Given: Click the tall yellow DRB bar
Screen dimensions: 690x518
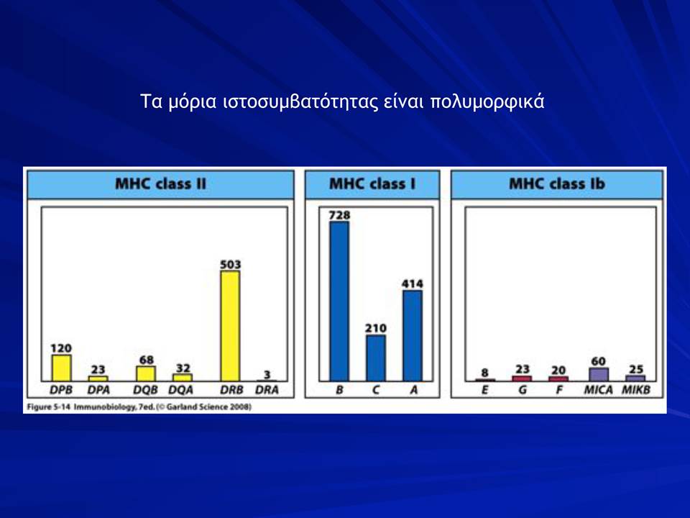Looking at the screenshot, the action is click(230, 326).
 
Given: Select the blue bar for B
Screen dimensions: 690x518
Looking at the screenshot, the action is click(339, 301).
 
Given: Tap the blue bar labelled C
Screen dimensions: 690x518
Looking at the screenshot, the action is click(376, 358).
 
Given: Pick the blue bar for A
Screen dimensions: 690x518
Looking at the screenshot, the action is click(413, 336).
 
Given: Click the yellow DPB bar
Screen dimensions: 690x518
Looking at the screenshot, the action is click(62, 368).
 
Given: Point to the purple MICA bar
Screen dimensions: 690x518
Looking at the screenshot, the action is click(599, 374).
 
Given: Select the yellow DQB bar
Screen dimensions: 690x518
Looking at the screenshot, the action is click(146, 373).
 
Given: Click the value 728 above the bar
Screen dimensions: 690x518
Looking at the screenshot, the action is click(339, 215).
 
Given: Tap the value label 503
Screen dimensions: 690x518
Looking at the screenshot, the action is click(230, 264).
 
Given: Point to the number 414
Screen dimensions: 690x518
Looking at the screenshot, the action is click(413, 284).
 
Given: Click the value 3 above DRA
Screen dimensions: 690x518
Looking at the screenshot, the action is click(267, 375).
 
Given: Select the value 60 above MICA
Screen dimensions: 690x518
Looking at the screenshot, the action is click(599, 362).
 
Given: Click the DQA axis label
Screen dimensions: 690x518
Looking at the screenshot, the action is click(181, 390).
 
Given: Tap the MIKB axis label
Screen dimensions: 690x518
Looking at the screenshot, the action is click(636, 390).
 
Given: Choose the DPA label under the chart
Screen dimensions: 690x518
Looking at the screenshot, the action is click(98, 390).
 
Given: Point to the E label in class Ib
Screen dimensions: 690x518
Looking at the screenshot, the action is click(484, 390).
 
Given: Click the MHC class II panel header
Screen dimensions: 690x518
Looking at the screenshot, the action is click(160, 184).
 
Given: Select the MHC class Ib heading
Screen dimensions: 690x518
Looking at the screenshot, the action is click(556, 183).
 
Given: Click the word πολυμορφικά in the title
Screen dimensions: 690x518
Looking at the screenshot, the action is click(487, 101).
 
